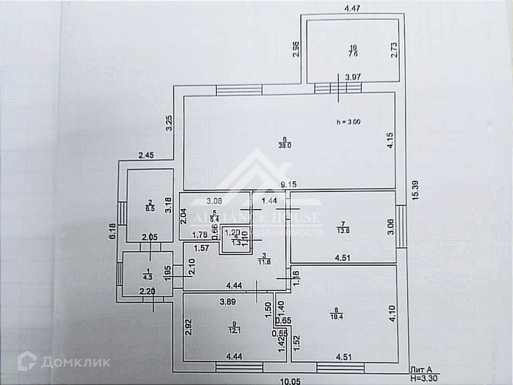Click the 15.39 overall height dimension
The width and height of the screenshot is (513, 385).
pyautogui.click(x=415, y=190)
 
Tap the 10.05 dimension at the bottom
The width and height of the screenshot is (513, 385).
pyautogui.click(x=290, y=381)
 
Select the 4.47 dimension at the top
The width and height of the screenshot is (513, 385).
pyautogui.click(x=352, y=9)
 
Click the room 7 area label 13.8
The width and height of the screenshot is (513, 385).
pyautogui.click(x=343, y=230)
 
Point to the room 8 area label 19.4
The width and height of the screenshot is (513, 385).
pyautogui.click(x=336, y=317)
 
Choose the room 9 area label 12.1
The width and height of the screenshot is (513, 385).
pyautogui.click(x=235, y=330)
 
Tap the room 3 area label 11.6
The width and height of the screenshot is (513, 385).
pyautogui.click(x=264, y=262)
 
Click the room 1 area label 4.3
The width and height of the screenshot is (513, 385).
pyautogui.click(x=147, y=277)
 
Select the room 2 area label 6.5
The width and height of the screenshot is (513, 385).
pyautogui.click(x=150, y=209)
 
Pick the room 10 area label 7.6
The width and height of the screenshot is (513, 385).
pyautogui.click(x=353, y=54)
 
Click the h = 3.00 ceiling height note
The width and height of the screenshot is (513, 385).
pyautogui.click(x=348, y=122)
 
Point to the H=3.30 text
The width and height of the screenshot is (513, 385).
pyautogui.click(x=424, y=378)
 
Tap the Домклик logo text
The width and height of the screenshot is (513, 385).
pyautogui.click(x=76, y=363)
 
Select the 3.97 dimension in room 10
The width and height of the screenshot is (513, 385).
pyautogui.click(x=353, y=78)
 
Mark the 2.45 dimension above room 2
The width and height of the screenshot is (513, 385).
pyautogui.click(x=146, y=155)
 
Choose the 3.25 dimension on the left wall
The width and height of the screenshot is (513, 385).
pyautogui.click(x=169, y=123)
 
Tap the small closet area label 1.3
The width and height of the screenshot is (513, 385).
pyautogui.click(x=236, y=243)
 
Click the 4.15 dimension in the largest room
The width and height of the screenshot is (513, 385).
pyautogui.click(x=390, y=140)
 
